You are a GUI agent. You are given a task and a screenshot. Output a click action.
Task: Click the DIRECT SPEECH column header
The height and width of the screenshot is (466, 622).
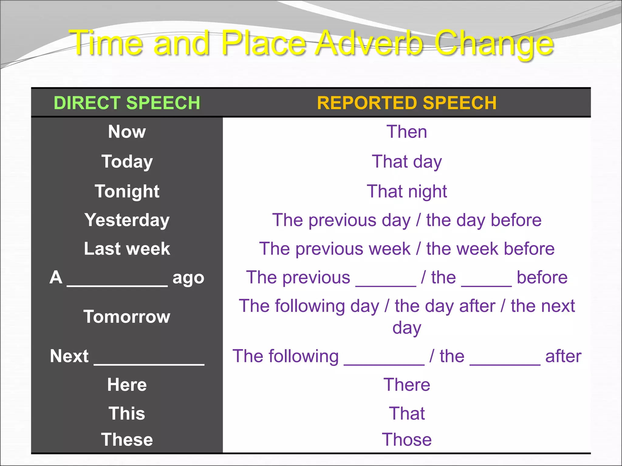click(127, 103)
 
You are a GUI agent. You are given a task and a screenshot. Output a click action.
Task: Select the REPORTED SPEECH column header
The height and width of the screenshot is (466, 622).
click(407, 103)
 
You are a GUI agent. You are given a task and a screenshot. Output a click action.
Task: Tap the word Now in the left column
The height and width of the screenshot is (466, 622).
click(127, 132)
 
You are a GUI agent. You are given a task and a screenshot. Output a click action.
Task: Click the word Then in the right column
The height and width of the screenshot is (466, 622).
click(407, 132)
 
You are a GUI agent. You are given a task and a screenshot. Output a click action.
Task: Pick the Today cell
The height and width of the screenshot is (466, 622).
click(127, 161)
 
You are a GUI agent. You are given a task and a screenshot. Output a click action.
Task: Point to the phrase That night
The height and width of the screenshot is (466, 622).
click(407, 191)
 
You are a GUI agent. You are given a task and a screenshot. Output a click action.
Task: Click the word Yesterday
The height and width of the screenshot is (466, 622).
click(127, 220)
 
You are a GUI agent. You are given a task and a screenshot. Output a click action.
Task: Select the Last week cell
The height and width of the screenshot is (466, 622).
click(127, 249)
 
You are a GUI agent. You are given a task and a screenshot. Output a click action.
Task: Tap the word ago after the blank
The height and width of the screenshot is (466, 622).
click(188, 278)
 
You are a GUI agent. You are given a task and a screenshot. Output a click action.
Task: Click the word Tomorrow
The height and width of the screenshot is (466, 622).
click(127, 317)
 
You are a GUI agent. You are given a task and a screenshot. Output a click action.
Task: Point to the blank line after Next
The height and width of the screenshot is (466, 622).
click(149, 363)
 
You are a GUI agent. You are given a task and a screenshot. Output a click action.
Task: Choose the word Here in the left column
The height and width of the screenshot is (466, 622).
click(127, 385)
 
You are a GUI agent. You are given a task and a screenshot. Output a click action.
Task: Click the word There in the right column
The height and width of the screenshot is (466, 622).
click(407, 385)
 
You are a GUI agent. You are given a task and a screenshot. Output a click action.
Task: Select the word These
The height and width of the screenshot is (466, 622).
click(127, 440)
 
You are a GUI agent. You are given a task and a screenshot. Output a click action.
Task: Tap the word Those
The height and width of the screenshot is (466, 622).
click(407, 440)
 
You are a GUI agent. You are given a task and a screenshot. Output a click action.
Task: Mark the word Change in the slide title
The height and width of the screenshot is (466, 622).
click(494, 44)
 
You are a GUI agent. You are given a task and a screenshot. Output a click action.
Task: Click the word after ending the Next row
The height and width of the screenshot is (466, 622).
click(563, 356)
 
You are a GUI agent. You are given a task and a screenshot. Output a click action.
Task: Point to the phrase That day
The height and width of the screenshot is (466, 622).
click(407, 161)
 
